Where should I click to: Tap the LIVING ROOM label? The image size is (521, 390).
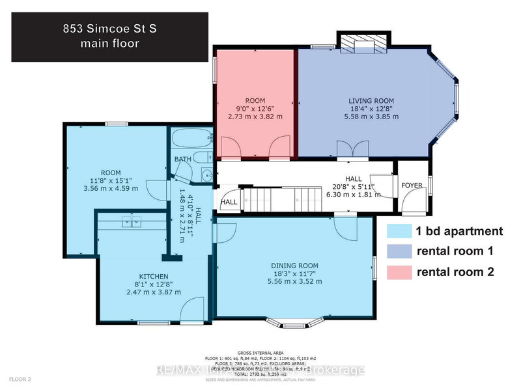point(371,100)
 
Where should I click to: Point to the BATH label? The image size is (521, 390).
point(182,158)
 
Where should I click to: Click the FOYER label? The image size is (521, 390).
point(412,186)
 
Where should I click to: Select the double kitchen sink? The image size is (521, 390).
point(130,222)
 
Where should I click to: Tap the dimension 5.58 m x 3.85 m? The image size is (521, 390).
point(371,117)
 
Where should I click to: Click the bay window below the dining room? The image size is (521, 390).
point(296,322)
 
